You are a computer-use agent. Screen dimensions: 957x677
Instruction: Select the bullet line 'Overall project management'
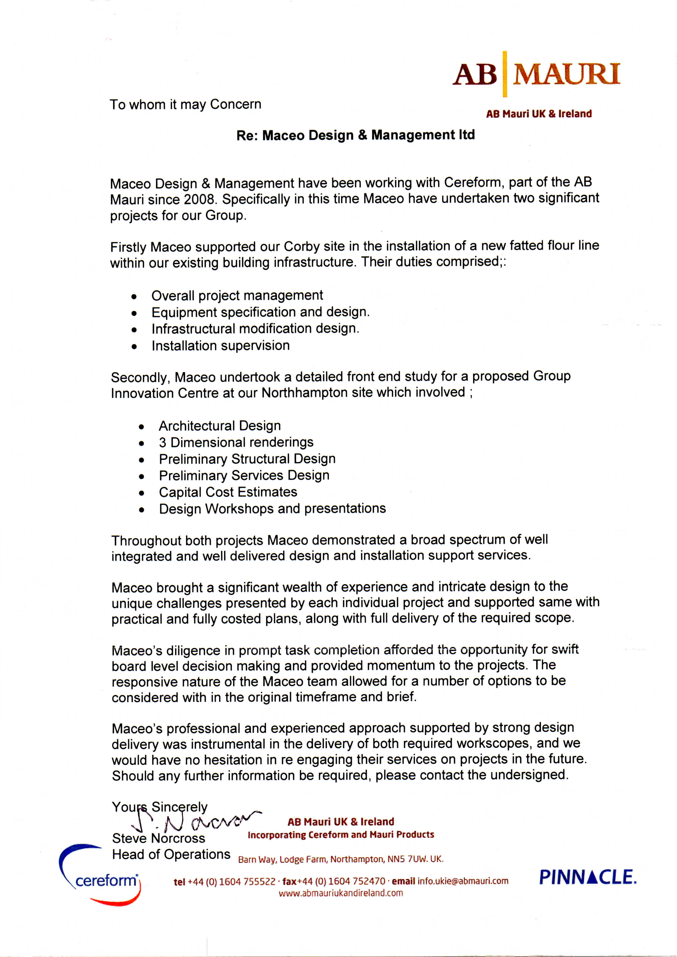[237, 296]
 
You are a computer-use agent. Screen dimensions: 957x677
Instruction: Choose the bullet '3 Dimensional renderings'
[236, 442]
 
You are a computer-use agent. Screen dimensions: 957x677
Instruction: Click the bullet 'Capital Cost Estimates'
[228, 492]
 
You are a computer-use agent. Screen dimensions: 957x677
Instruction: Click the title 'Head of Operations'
[171, 854]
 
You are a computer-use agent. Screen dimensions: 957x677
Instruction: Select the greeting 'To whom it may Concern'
[186, 104]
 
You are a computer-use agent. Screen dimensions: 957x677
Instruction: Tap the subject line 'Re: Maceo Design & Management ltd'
[356, 135]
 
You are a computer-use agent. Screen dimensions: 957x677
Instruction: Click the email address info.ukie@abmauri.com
[463, 881]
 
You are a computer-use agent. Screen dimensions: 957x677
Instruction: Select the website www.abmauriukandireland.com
[341, 893]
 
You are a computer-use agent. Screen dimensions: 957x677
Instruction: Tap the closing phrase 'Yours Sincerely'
[159, 807]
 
